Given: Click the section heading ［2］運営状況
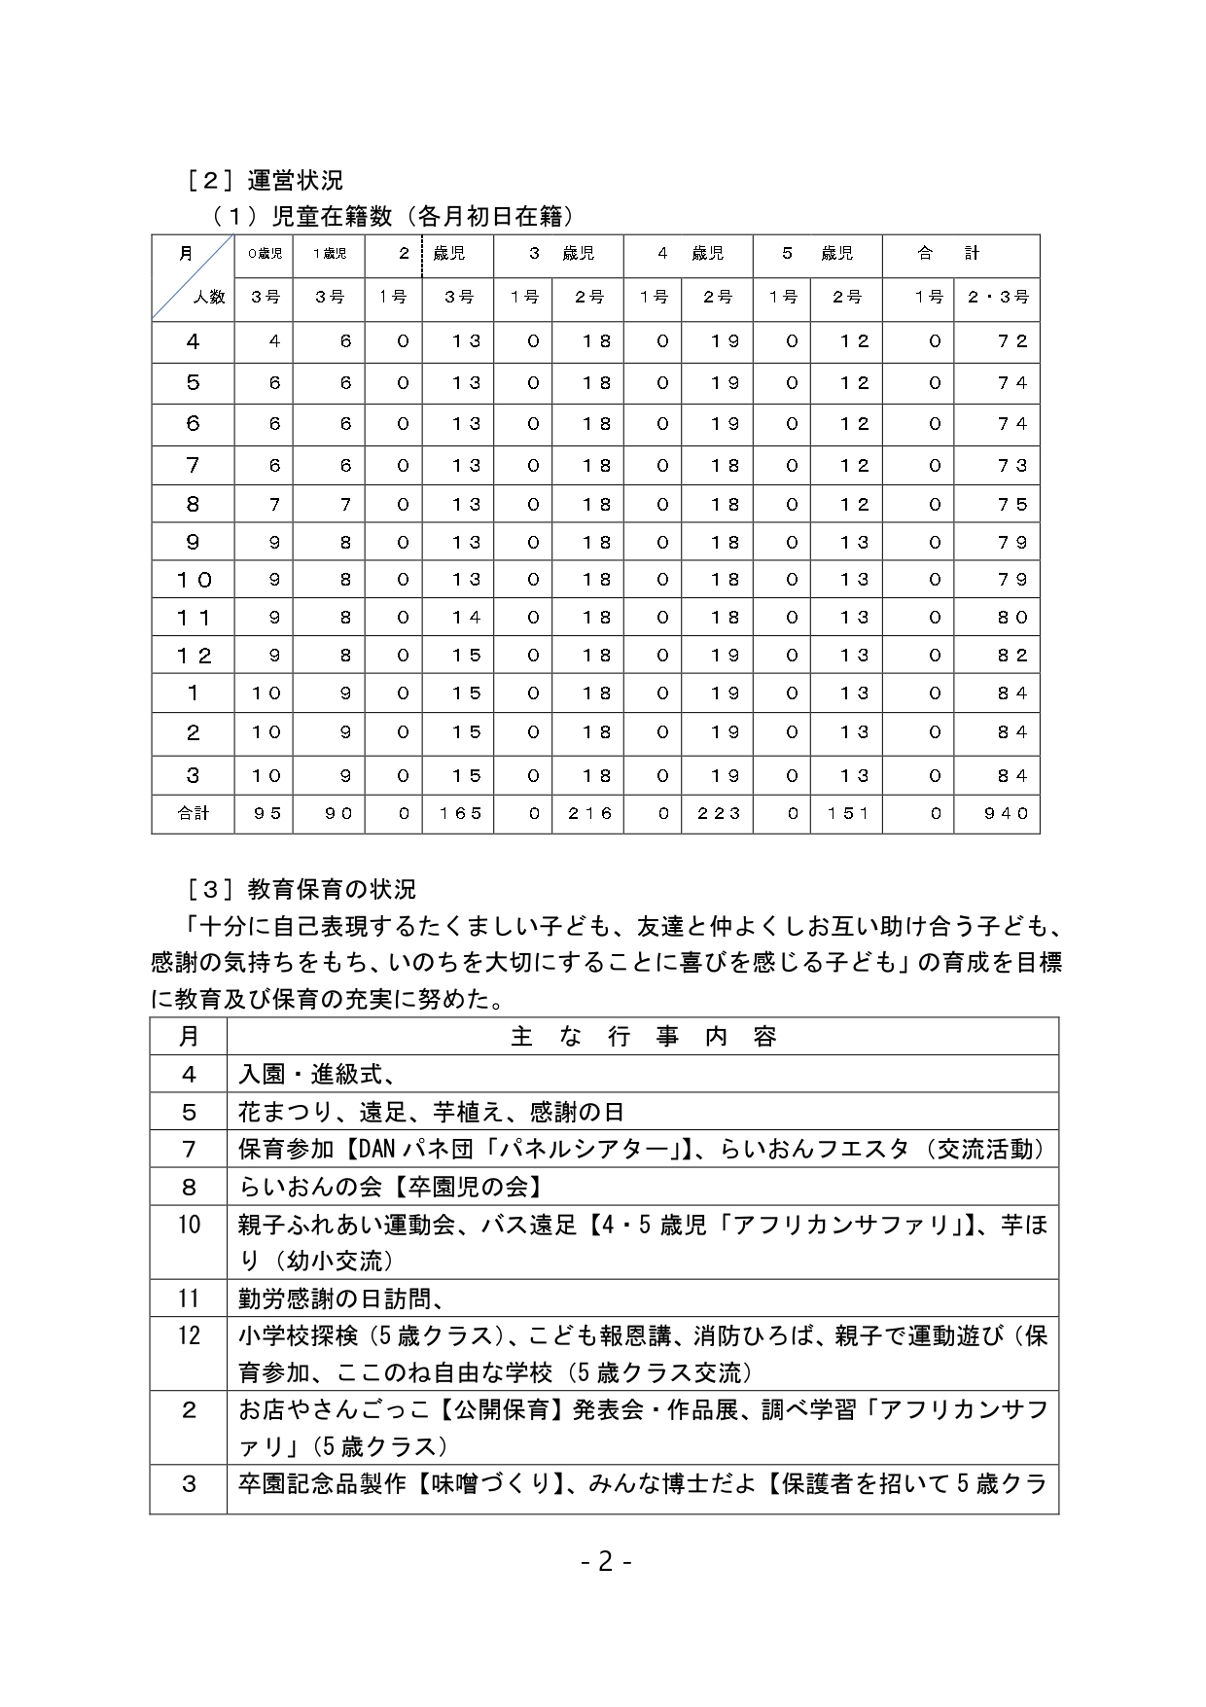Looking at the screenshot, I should [x=264, y=180].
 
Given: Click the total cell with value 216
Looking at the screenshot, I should [x=589, y=813].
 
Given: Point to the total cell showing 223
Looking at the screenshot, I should [x=719, y=813].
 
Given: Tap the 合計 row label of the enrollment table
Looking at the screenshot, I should [x=193, y=813].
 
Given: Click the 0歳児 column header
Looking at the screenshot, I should [x=264, y=254].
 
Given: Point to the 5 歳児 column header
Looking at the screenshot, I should [x=817, y=254].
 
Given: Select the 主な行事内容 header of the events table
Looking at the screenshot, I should [x=643, y=1037].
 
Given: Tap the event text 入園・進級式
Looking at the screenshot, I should [x=315, y=1074].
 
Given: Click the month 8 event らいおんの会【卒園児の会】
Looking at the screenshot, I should [x=391, y=1187].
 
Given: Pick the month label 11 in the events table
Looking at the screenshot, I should [x=189, y=1298].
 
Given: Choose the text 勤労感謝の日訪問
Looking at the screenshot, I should [x=340, y=1298].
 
